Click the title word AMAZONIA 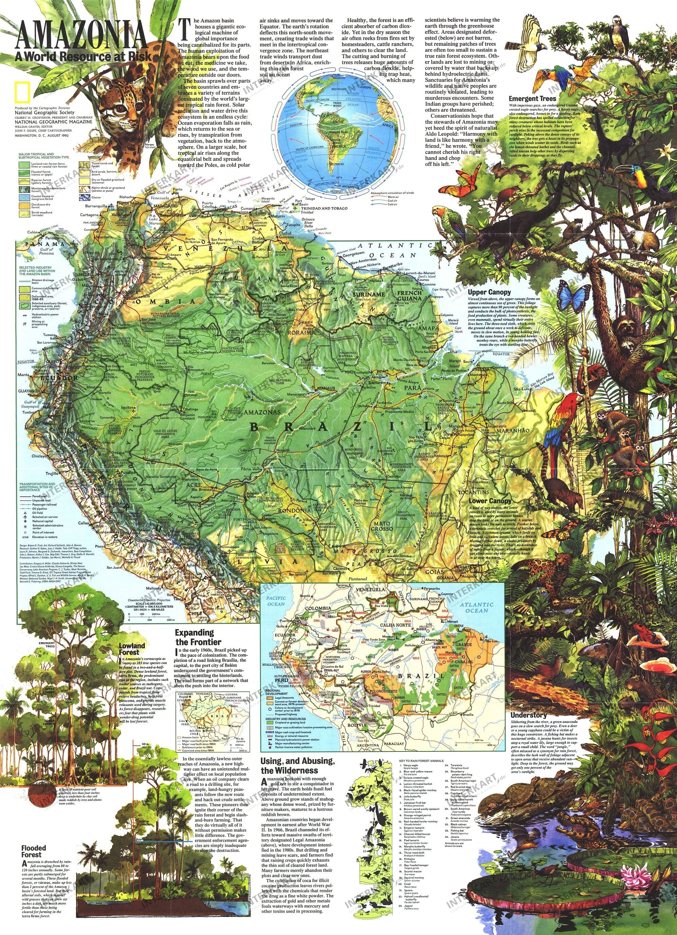[81, 36]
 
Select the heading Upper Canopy [489, 292]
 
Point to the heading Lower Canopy [490, 500]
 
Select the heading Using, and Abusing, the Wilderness [297, 766]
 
